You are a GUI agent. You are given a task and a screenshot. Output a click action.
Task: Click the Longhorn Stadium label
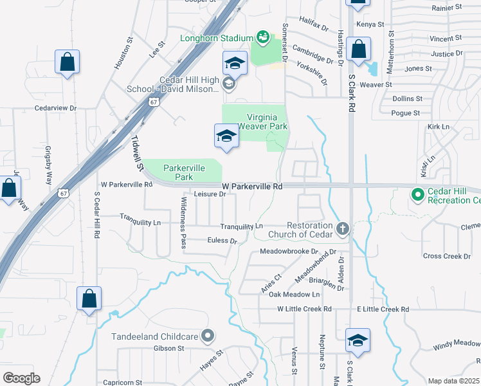click(217, 38)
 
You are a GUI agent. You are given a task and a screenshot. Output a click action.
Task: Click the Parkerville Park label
click(184, 172)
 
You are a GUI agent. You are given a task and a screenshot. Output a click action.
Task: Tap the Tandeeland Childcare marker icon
click(208, 335)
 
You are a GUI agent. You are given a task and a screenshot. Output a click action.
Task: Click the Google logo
click(21, 378)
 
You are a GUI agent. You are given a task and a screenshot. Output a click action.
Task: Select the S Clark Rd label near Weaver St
click(352, 94)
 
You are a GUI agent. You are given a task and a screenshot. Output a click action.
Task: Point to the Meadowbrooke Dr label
click(289, 252)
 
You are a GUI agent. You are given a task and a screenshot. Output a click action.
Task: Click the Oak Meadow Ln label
click(294, 294)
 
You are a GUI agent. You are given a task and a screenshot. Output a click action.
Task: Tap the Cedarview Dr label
click(55, 109)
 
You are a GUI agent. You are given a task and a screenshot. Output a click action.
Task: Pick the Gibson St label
click(169, 348)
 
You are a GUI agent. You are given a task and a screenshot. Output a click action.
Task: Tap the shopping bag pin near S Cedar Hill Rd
click(89, 299)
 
